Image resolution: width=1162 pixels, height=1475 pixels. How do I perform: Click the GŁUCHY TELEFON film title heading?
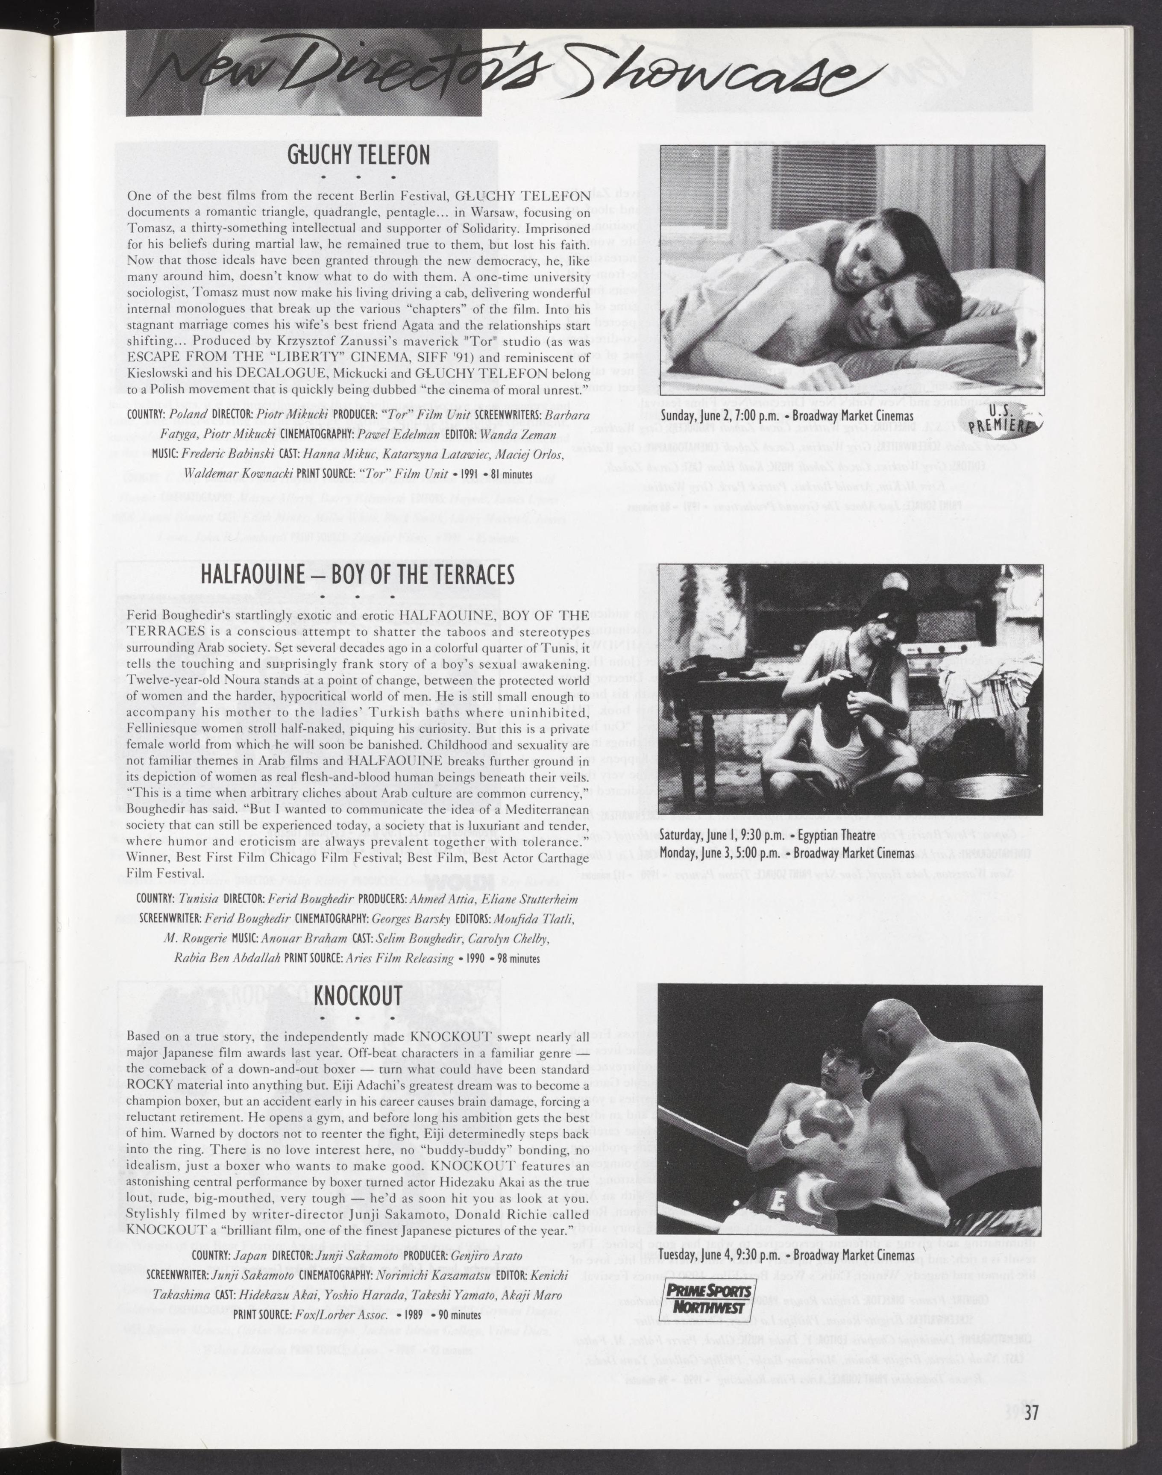point(358,155)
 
